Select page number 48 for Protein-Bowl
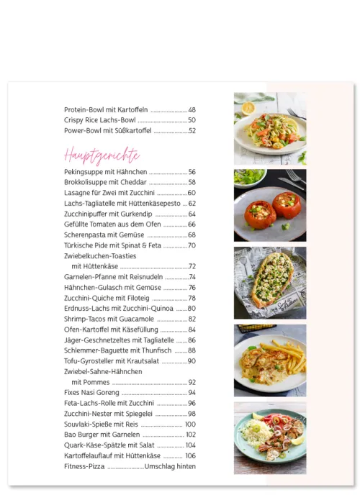(192, 110)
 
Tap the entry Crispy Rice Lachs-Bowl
(99, 120)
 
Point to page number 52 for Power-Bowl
(192, 131)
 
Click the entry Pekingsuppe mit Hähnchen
(105, 172)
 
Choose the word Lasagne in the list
(76, 193)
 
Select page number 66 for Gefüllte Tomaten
(192, 224)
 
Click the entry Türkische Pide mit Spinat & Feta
(112, 245)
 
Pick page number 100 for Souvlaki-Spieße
(190, 424)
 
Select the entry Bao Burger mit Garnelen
(102, 435)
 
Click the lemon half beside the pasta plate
(248, 108)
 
